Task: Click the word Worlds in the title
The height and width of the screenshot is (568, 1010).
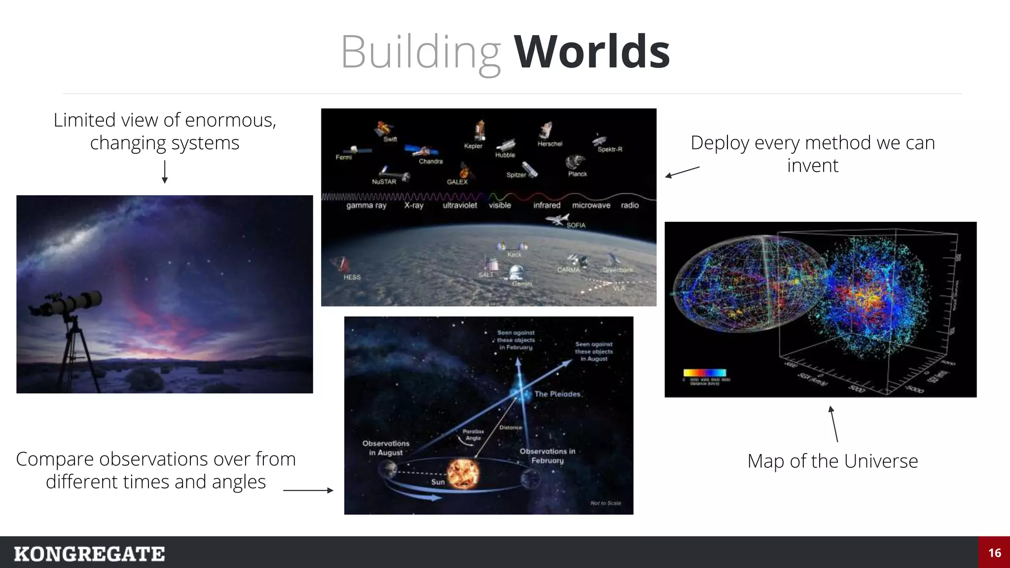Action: click(x=592, y=52)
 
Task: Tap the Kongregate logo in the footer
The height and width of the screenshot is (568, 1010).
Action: click(x=89, y=554)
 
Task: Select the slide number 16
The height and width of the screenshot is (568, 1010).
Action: click(x=994, y=553)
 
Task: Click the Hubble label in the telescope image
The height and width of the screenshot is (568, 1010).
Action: click(x=505, y=155)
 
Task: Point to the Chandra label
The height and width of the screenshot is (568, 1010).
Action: click(x=431, y=161)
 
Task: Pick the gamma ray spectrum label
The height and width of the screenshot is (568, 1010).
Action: click(x=366, y=205)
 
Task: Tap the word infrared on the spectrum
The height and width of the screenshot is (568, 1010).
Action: click(x=546, y=205)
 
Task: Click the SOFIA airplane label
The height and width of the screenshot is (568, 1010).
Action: click(x=576, y=225)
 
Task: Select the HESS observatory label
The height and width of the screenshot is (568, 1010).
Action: click(x=352, y=277)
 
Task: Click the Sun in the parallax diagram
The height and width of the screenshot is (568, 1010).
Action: click(x=463, y=473)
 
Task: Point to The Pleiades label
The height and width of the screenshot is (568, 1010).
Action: click(x=557, y=394)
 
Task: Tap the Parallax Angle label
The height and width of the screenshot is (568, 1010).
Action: click(x=473, y=434)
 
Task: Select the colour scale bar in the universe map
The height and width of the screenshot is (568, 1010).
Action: click(x=704, y=373)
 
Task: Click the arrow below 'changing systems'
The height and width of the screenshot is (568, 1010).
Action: click(x=165, y=172)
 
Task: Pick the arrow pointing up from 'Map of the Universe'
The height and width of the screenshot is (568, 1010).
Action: click(x=834, y=424)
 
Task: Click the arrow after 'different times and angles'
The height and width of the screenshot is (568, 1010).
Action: click(x=308, y=490)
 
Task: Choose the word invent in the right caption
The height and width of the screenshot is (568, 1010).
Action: click(x=812, y=166)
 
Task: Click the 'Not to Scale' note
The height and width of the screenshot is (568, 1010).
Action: click(x=606, y=503)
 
